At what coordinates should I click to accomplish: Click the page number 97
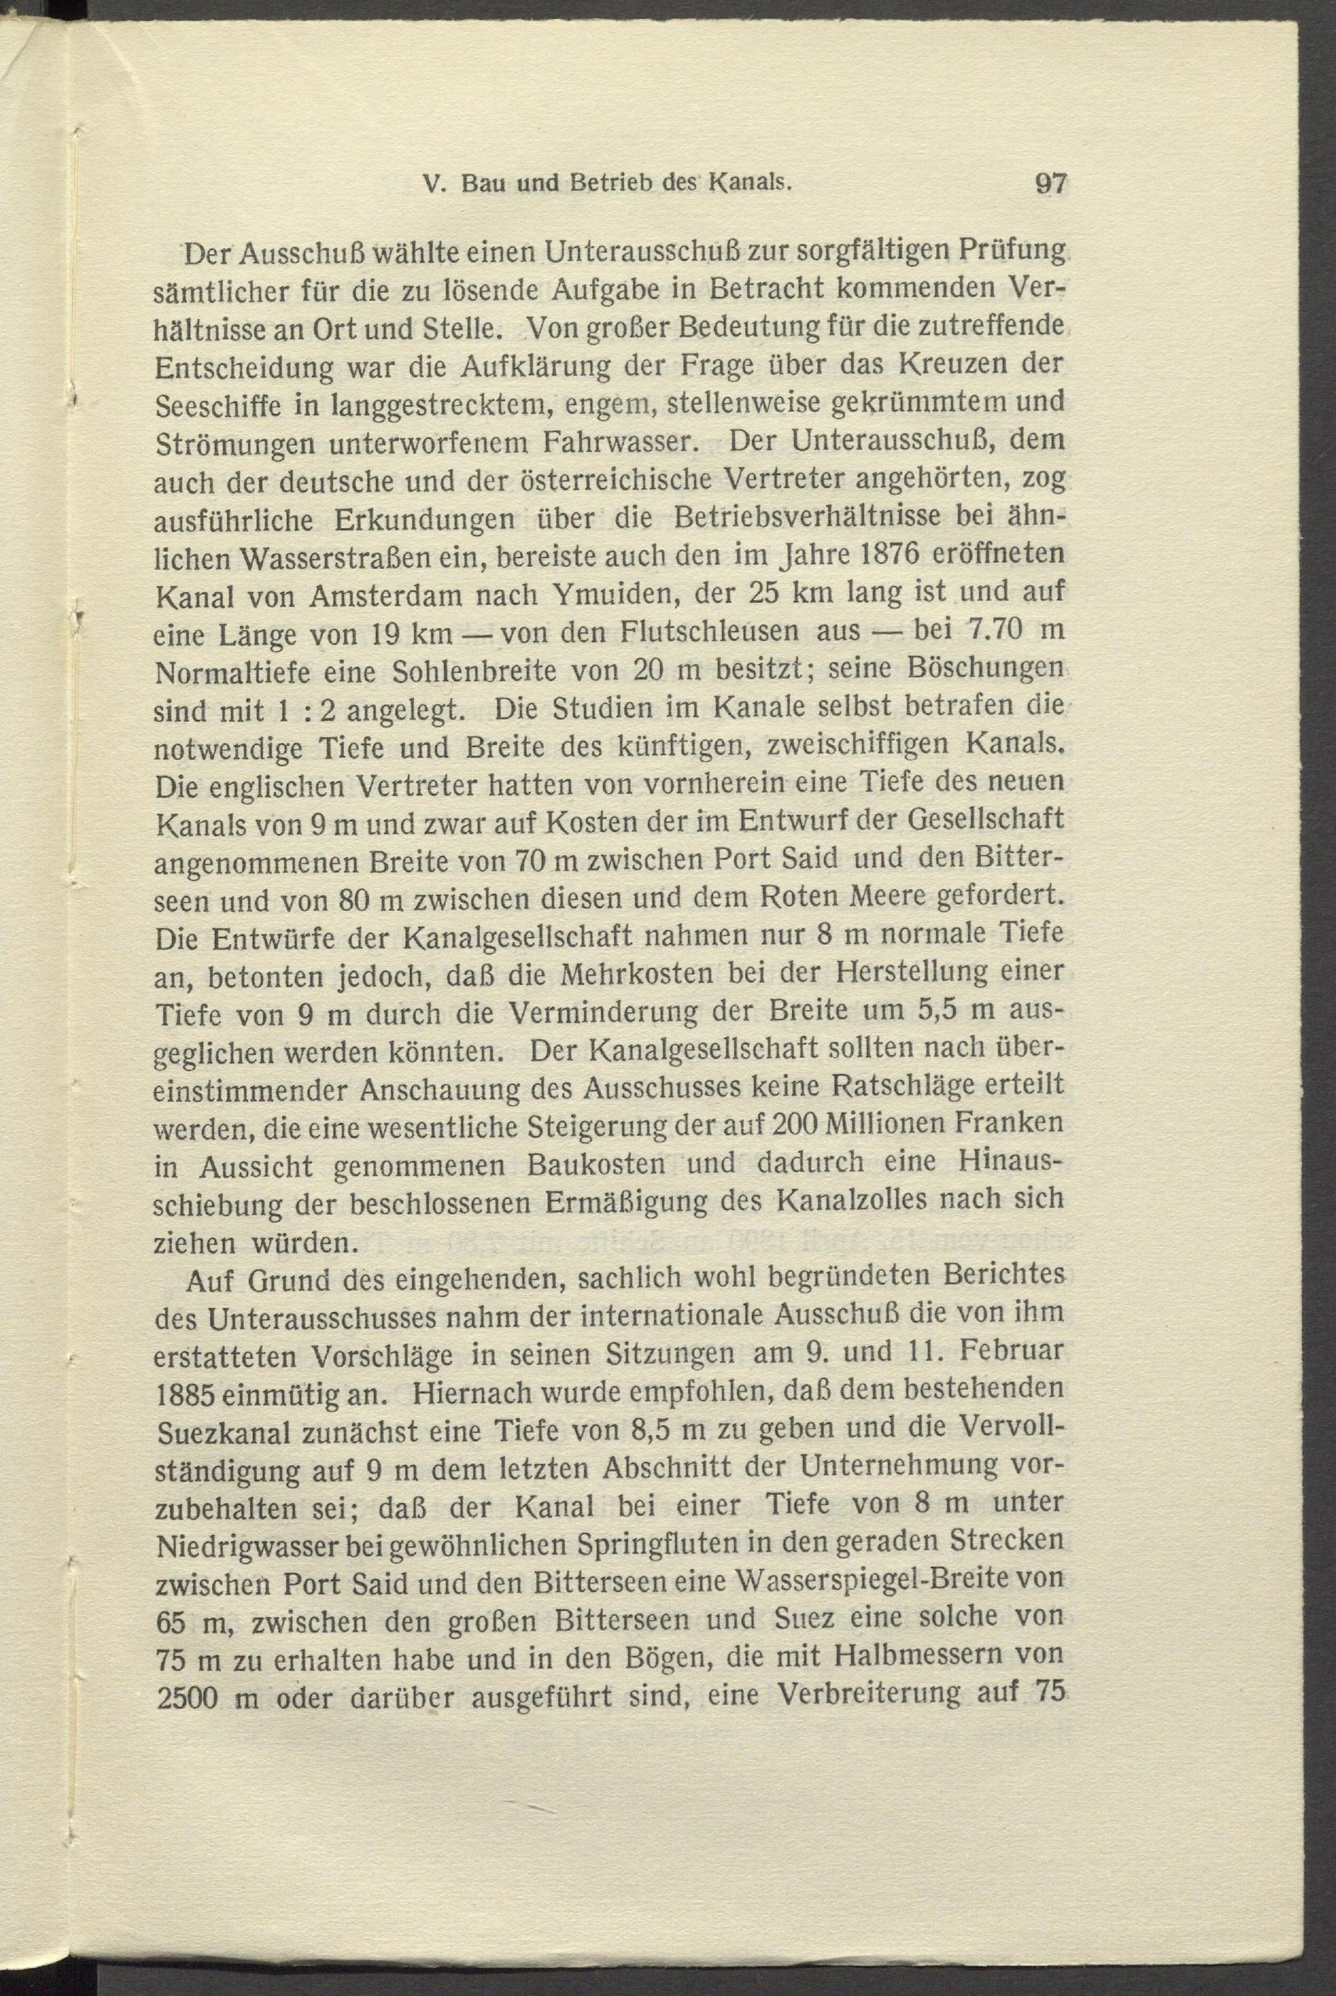pyautogui.click(x=1049, y=183)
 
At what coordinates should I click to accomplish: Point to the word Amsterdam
pyautogui.click(x=389, y=595)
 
